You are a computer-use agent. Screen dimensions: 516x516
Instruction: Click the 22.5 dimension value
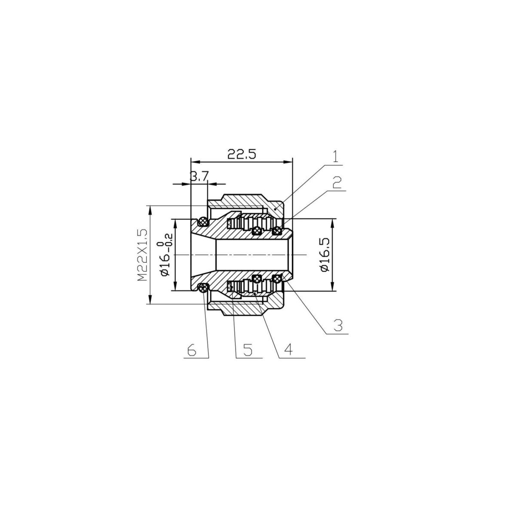(241, 154)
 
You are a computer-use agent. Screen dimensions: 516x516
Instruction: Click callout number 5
(248, 350)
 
